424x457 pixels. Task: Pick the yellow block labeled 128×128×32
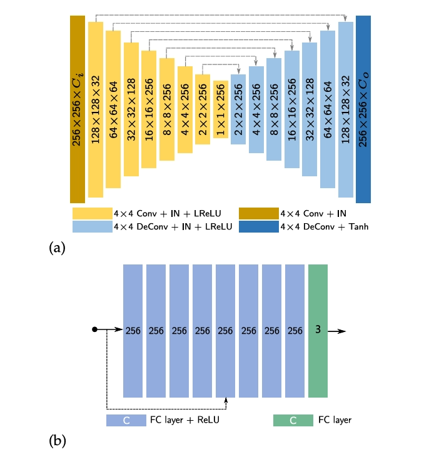95,109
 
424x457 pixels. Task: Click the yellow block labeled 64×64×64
113,109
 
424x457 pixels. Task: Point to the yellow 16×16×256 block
149,109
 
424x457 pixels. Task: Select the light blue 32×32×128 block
310,109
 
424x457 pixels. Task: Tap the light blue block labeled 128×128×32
346,109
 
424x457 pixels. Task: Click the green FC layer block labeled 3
318,330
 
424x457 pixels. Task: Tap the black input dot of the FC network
95,330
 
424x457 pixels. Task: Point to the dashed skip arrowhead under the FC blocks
225,399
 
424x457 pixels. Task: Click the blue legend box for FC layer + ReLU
126,420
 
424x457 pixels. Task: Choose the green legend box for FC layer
293,420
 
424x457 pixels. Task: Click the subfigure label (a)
57,248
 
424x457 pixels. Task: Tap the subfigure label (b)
57,441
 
